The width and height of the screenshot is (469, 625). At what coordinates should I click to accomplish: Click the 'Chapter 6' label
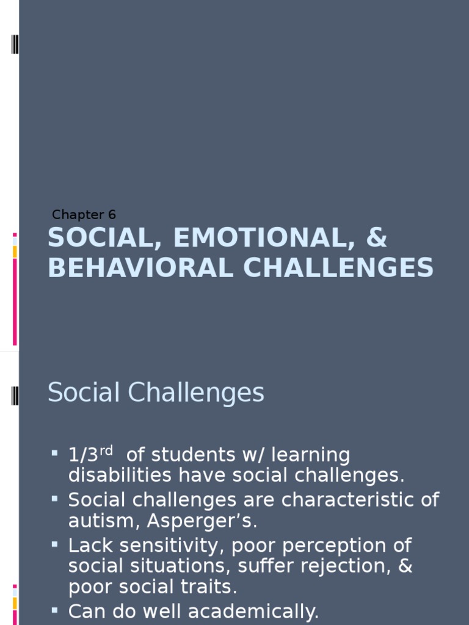pyautogui.click(x=84, y=215)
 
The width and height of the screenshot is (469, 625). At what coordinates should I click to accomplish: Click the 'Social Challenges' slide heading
pyautogui.click(x=156, y=392)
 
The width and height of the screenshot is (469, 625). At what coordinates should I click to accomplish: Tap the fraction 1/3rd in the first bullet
pyautogui.click(x=91, y=455)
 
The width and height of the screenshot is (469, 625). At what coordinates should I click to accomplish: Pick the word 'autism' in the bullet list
pyautogui.click(x=98, y=521)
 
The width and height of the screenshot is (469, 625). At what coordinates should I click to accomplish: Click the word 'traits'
pyautogui.click(x=211, y=587)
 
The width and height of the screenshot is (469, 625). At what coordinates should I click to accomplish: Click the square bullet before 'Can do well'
pyautogui.click(x=55, y=609)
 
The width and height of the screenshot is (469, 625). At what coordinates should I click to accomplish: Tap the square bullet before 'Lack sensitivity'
pyautogui.click(x=55, y=543)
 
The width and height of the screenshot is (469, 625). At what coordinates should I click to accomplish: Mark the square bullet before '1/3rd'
pyautogui.click(x=55, y=453)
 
